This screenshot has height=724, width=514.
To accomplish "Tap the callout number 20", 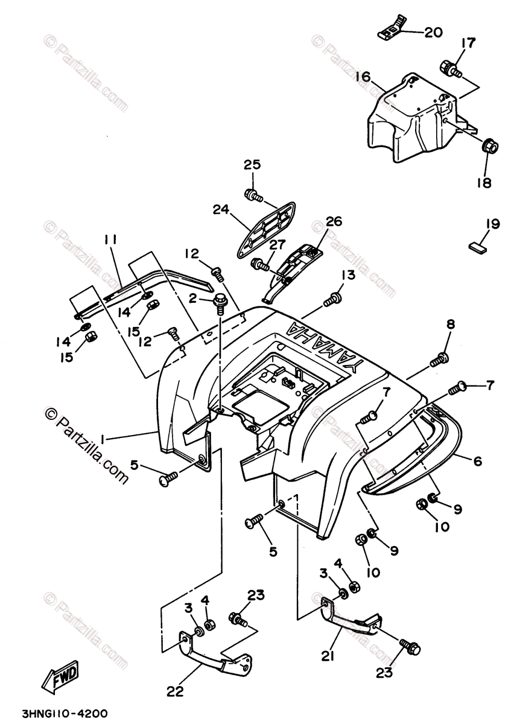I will click(433, 33).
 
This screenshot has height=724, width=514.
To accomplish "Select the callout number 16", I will click(363, 77).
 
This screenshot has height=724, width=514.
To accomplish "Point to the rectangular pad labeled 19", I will click(478, 246).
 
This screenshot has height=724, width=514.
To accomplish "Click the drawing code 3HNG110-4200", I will click(59, 713).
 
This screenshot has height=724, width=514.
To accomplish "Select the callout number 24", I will click(222, 210).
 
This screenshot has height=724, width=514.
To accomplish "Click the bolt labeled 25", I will click(252, 194).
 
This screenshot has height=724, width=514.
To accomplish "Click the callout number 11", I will click(109, 240).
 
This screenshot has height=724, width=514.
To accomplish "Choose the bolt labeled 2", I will click(220, 299).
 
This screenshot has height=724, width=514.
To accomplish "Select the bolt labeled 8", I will click(438, 360).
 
